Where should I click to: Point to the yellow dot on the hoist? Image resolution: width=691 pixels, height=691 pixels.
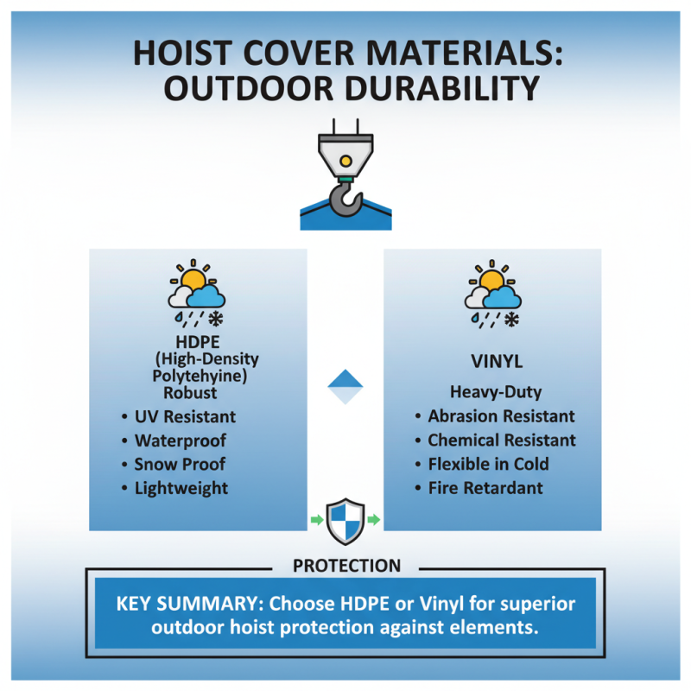tap(345, 161)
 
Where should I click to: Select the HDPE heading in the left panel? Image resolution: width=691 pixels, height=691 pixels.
tap(199, 342)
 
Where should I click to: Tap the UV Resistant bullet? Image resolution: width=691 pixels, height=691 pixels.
tap(185, 417)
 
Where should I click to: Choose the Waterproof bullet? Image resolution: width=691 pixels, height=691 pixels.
tap(180, 441)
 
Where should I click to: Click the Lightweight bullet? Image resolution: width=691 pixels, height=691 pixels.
tap(181, 488)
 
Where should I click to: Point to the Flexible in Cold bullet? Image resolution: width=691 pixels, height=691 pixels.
tap(488, 464)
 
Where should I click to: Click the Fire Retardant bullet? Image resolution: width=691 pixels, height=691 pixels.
tap(485, 488)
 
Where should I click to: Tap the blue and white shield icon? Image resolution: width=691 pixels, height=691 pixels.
tap(345, 519)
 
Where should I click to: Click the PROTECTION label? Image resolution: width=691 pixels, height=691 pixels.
tap(346, 567)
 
